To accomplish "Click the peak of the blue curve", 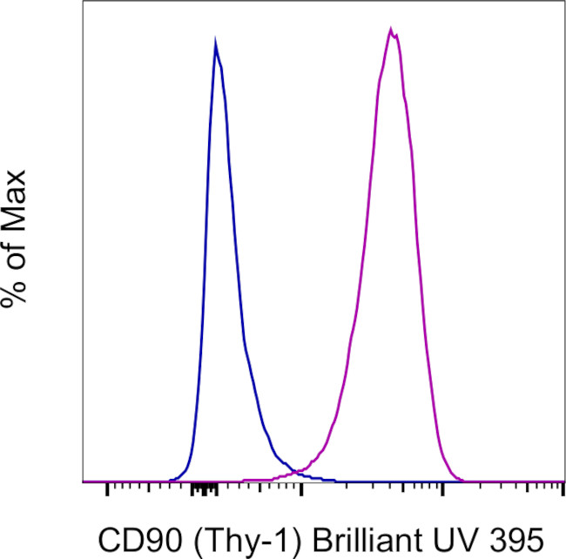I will pos(215,41).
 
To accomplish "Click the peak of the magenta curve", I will pos(392,31).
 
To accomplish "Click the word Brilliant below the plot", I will pos(354,534).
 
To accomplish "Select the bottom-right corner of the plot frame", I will pos(565,482).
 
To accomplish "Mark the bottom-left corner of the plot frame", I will pos(82,482).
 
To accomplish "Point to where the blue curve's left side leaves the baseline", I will pos(171,480).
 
